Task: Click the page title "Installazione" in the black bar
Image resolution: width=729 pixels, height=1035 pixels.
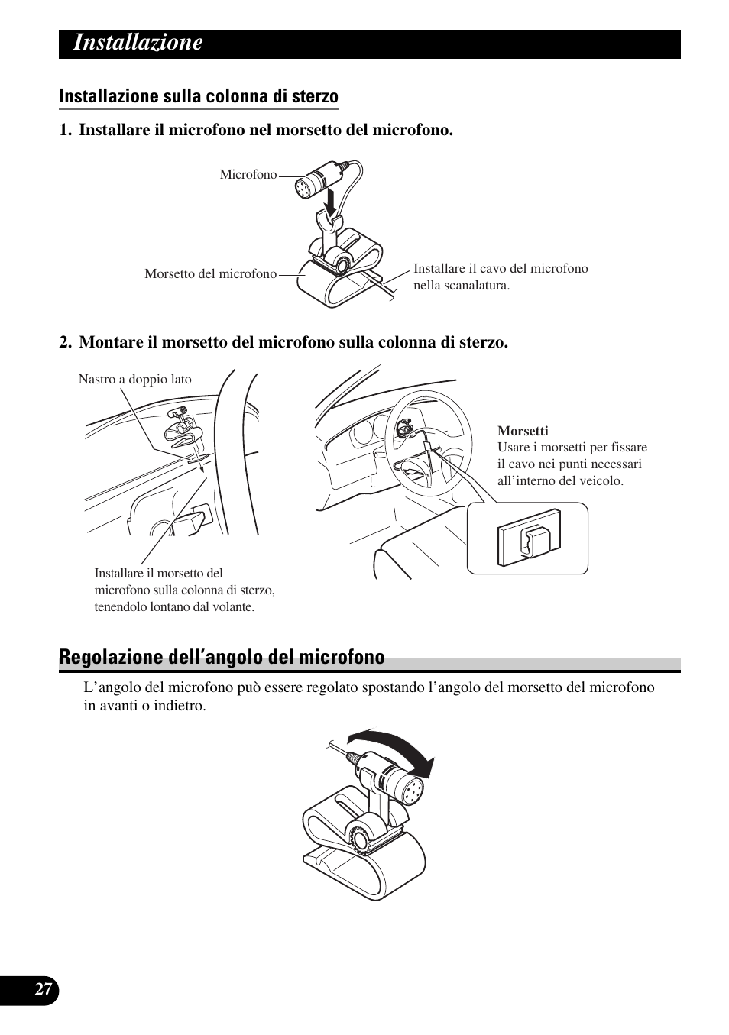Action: pos(138,43)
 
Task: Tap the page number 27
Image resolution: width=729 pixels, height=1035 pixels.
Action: pos(44,990)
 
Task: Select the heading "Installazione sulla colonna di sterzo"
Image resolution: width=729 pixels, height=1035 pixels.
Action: pos(199,97)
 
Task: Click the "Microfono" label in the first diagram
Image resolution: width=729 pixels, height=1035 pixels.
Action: pos(248,175)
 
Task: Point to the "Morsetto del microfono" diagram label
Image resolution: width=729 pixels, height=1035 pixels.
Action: pos(210,274)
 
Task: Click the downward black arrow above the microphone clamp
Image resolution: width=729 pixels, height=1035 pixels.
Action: pos(330,202)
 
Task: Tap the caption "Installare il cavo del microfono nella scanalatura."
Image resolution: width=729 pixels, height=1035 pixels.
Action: pos(501,277)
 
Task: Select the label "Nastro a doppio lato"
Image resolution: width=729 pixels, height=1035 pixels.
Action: pos(134,380)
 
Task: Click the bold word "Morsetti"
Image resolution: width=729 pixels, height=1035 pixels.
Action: pos(523,431)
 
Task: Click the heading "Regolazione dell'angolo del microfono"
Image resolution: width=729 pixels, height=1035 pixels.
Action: pos(222,658)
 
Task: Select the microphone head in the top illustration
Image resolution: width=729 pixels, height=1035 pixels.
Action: pos(304,186)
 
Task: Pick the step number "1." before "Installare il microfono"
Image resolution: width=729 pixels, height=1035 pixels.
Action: pos(66,131)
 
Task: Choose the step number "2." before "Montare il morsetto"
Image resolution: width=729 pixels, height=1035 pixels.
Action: pos(66,343)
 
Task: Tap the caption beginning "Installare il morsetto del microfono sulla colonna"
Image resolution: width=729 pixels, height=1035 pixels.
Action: pos(184,590)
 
